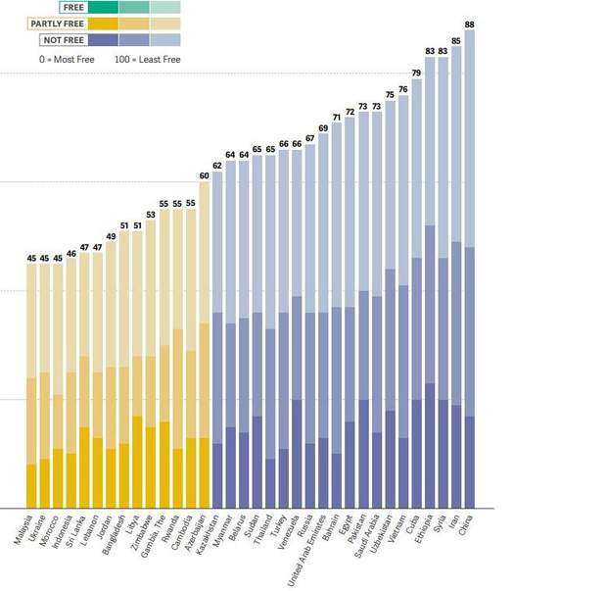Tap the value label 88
pyautogui.click(x=470, y=25)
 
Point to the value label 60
pyautogui.click(x=205, y=176)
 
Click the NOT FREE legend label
pyautogui.click(x=62, y=40)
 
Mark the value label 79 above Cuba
pyautogui.click(x=416, y=74)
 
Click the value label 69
pyautogui.click(x=323, y=128)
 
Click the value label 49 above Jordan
pyautogui.click(x=111, y=236)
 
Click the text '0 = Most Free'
pyautogui.click(x=61, y=60)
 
